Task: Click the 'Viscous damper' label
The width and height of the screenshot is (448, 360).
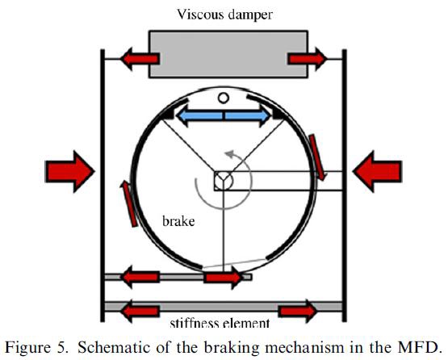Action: [x=224, y=13]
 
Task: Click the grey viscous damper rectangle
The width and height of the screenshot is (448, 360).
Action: [x=227, y=54]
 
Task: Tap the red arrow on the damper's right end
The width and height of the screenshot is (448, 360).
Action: [x=309, y=58]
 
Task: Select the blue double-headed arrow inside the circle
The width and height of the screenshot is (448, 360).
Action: [x=224, y=117]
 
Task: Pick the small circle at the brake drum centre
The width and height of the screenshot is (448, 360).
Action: [x=224, y=178]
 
